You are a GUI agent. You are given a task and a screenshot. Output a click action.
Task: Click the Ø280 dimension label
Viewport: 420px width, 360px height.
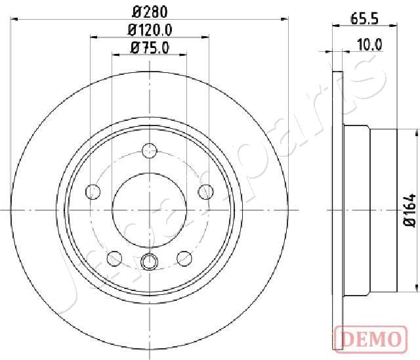[x=150, y=11]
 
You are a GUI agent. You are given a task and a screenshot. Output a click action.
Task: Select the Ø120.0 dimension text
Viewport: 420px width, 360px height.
[x=150, y=30]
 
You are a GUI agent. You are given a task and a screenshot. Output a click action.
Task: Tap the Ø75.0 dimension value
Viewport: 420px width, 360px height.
[x=150, y=47]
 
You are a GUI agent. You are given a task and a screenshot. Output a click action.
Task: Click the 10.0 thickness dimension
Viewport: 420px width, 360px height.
[x=369, y=45]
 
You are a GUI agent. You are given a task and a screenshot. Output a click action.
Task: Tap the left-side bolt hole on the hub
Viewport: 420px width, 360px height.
[x=93, y=192]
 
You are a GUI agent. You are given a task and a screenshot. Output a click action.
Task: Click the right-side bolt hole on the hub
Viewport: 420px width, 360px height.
[x=206, y=192]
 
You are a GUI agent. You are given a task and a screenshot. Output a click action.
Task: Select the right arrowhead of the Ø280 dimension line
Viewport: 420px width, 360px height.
[x=286, y=20]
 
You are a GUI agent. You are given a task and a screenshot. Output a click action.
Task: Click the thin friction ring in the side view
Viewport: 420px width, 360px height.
[x=338, y=210]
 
